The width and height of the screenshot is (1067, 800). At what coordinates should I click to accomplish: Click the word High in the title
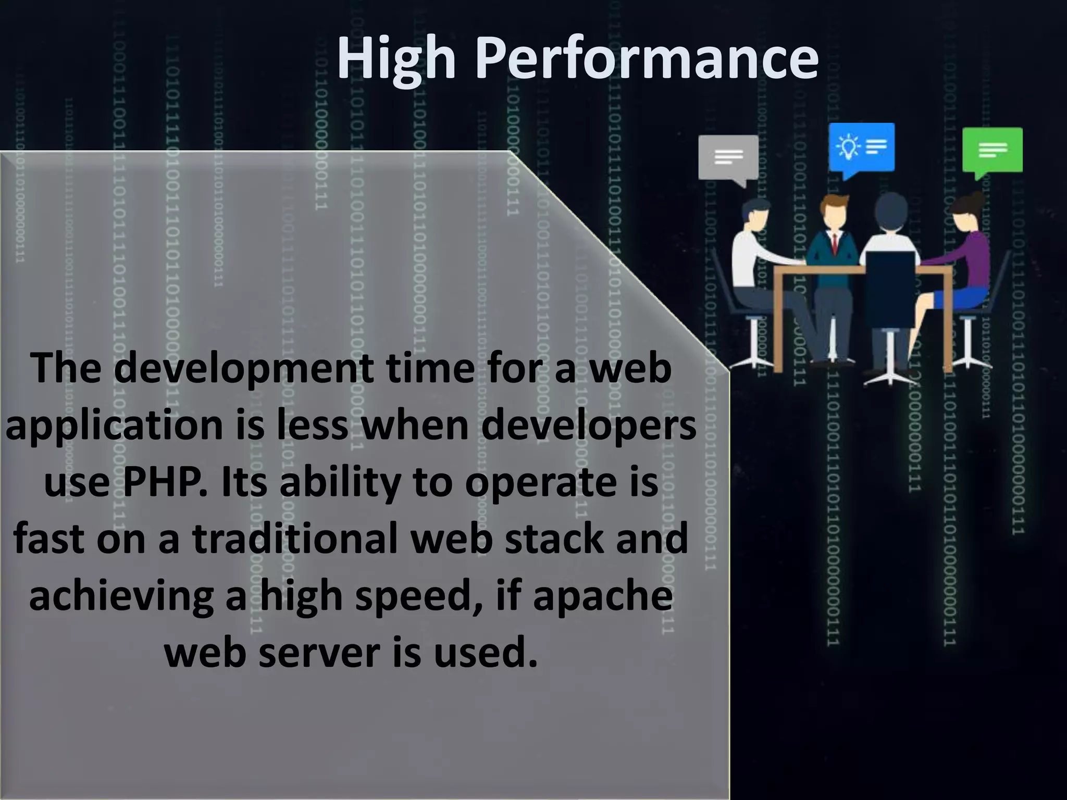(x=396, y=58)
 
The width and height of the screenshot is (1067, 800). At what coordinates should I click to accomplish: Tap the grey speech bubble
(x=728, y=158)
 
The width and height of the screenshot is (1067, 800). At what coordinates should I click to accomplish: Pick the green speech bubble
(x=991, y=151)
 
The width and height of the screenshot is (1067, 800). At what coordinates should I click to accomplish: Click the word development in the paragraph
(x=243, y=368)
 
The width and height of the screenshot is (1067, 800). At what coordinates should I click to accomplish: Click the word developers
(x=588, y=425)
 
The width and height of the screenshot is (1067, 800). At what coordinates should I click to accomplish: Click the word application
(x=115, y=425)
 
